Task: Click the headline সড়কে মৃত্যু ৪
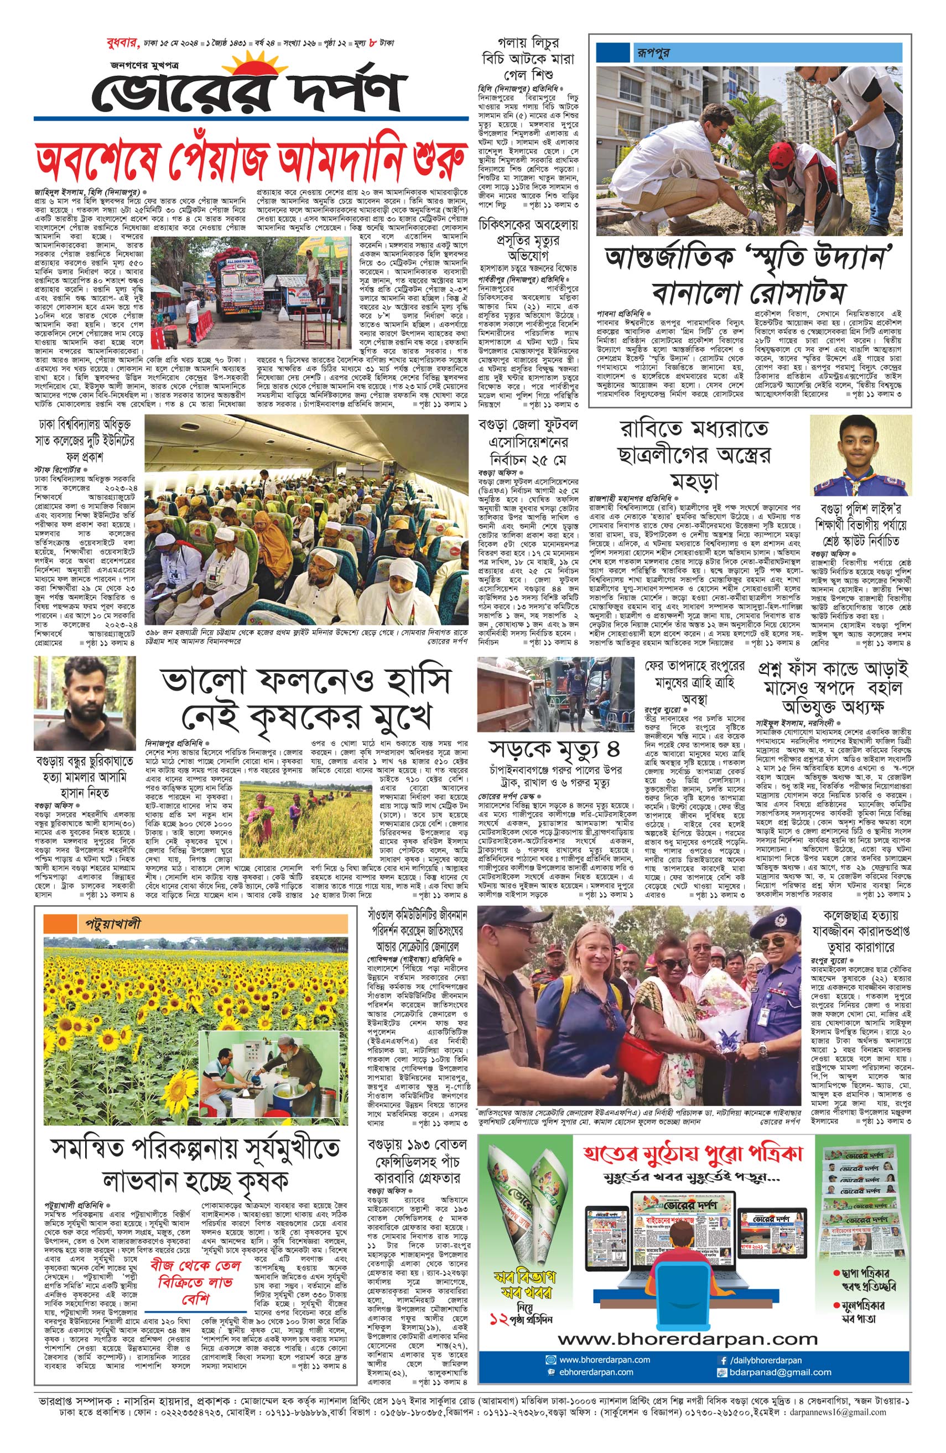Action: coord(550,749)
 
